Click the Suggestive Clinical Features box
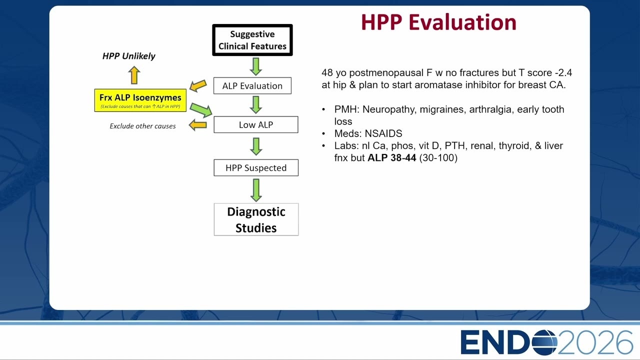[x=252, y=40]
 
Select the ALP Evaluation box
[x=252, y=85]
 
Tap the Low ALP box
[x=255, y=124]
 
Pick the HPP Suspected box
[x=256, y=167]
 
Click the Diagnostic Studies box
[x=256, y=219]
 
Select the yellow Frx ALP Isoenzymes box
[x=140, y=100]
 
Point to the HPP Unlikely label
[x=128, y=56]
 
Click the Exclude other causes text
[x=142, y=126]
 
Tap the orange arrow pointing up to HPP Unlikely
[x=134, y=75]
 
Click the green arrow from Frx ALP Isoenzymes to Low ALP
[x=201, y=110]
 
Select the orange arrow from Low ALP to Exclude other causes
[x=197, y=125]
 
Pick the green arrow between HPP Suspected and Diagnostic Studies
[x=256, y=190]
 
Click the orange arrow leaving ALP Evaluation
[x=198, y=85]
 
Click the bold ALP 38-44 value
[x=391, y=157]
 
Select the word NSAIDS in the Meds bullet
[x=383, y=133]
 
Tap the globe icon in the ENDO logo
[x=544, y=342]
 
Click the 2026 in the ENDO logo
[x=595, y=342]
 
